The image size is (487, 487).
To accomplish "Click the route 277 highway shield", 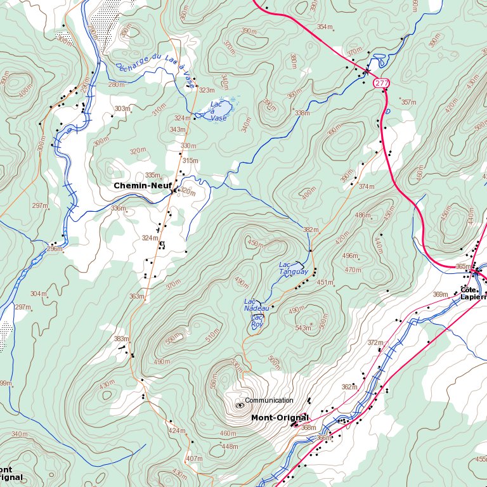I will [381, 83].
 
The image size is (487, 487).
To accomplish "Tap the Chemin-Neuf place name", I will [143, 186].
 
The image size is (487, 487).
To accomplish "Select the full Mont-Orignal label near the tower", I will [280, 418].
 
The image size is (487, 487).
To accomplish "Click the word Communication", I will [269, 400].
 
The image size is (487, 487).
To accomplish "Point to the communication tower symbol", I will [240, 405].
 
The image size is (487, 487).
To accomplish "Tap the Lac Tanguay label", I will [294, 268].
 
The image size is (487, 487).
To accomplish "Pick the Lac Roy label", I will [257, 320].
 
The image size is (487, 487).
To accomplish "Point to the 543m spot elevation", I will [303, 328].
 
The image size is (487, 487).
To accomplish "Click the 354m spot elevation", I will [325, 27].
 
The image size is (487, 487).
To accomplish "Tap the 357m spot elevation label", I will [408, 102].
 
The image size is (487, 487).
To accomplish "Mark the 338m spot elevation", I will [302, 113].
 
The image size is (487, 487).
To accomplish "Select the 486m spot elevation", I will [362, 216].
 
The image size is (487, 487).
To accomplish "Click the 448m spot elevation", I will [229, 446].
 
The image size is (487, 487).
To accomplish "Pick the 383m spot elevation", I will [121, 339].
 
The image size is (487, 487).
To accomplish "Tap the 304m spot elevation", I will [38, 294].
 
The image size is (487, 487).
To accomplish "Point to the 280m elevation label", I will [117, 84].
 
